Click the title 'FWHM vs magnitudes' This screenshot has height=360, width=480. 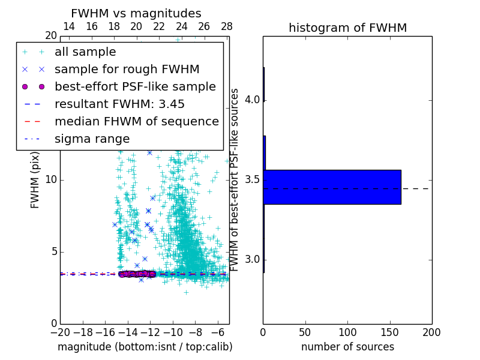136,14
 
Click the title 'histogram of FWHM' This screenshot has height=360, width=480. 347,28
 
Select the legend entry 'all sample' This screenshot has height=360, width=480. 85,52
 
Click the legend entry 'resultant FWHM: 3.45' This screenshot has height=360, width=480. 119,104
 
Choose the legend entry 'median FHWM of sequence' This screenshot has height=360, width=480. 137,121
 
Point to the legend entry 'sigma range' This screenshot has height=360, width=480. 92,139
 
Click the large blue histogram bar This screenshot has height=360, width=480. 332,187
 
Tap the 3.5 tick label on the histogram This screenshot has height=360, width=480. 252,179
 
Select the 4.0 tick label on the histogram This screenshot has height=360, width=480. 252,100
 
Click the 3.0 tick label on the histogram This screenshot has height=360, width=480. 252,259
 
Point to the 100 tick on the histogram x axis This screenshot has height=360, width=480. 347,332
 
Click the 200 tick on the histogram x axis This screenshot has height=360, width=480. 431,332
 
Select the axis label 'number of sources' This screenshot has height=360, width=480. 347,347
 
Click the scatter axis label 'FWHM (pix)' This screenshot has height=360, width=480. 35,179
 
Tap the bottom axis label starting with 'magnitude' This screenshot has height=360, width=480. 145,347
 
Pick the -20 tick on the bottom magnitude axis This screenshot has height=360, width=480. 60,332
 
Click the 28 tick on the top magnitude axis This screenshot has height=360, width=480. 227,26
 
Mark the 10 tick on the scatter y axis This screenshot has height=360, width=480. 51,179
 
